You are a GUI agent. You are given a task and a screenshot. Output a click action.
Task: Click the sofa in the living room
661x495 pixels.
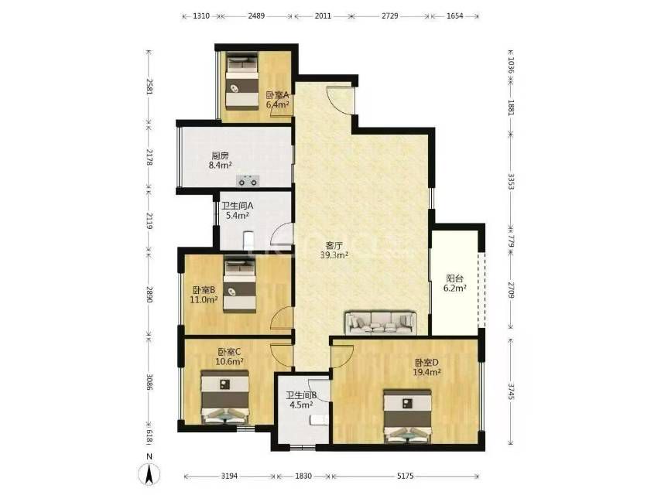click(x=381, y=323)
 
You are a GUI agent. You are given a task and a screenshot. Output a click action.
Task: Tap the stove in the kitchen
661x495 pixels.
click(x=248, y=180)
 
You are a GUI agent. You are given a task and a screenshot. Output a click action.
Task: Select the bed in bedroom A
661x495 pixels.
click(x=242, y=81)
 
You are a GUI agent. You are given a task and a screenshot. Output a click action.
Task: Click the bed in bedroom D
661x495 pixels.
click(x=407, y=416)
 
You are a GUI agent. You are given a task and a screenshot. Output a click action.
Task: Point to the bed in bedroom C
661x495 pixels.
click(x=224, y=398)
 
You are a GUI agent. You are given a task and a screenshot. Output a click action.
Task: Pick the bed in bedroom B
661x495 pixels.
click(x=239, y=285)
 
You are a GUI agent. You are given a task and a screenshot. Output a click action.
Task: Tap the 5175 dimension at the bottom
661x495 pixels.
click(x=406, y=476)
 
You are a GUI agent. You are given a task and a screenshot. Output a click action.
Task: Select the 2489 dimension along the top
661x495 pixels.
click(x=256, y=16)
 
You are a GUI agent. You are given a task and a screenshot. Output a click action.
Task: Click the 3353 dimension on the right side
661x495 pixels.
click(x=511, y=182)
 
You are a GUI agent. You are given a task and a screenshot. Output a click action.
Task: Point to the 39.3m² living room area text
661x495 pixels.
click(x=334, y=255)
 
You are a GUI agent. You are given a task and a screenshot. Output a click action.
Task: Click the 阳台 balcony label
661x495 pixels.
click(x=455, y=278)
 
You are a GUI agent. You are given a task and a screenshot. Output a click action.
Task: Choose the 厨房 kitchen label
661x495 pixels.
click(x=220, y=156)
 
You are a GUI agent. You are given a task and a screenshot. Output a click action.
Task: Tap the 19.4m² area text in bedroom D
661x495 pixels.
click(x=427, y=372)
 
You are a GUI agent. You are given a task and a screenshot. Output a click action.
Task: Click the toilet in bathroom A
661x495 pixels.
click(x=248, y=241)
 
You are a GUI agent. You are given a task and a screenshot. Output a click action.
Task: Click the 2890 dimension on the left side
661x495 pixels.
click(x=149, y=294)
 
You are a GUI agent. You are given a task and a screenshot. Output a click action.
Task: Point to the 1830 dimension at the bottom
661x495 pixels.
click(x=303, y=476)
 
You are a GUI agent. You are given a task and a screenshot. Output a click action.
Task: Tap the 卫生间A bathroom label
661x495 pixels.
click(x=238, y=206)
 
